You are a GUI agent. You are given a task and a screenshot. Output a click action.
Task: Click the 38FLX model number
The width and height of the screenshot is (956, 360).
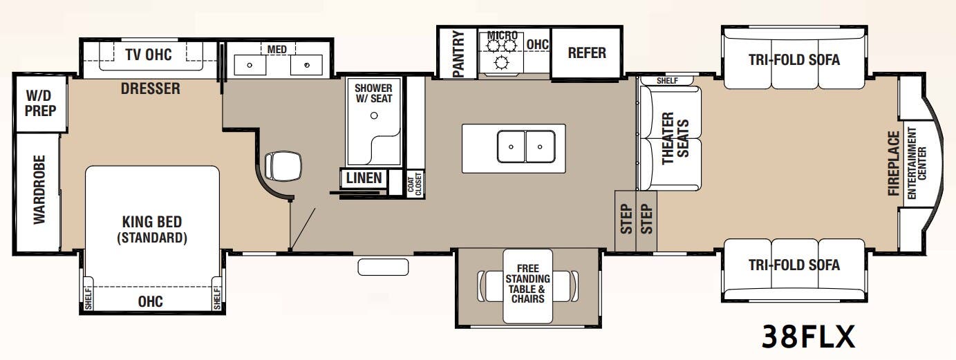tap(809, 337)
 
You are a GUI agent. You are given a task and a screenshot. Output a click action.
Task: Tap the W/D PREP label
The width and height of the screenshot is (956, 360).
tap(41, 103)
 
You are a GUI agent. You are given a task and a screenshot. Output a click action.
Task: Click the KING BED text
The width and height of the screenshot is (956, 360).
tap(151, 222)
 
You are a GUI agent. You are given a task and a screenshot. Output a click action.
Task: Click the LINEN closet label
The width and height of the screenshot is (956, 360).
tap(364, 178)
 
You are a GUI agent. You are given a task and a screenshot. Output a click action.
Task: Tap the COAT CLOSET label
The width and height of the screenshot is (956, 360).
tap(415, 183)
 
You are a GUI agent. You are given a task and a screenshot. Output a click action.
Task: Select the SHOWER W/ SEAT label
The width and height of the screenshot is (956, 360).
tap(373, 93)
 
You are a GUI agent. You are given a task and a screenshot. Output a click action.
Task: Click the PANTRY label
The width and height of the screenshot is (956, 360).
tap(458, 53)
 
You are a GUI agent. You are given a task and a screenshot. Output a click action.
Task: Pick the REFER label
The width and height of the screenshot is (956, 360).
tap(586, 53)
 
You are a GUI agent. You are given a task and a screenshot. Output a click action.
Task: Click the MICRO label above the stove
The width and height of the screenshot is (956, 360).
tap(503, 35)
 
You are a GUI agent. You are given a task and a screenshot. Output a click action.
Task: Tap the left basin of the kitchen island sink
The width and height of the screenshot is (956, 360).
tap(510, 146)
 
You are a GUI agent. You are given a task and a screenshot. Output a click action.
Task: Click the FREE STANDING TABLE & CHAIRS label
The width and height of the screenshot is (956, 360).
tap(528, 284)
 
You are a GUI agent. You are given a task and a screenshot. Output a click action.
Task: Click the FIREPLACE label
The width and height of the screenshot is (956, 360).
tap(894, 163)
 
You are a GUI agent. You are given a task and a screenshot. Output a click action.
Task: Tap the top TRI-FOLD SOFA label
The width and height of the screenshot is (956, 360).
tap(794, 60)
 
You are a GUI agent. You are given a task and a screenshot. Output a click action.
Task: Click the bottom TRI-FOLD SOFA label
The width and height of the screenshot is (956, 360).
tap(794, 265)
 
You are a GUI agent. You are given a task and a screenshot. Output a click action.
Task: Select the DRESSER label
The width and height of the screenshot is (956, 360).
tap(150, 88)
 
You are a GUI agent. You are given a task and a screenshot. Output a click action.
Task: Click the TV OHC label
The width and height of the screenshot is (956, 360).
tap(148, 55)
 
